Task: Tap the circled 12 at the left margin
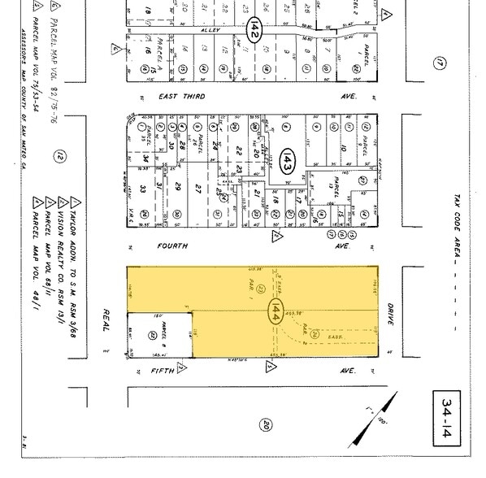[x=81, y=157]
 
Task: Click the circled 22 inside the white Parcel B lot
[x=152, y=333]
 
